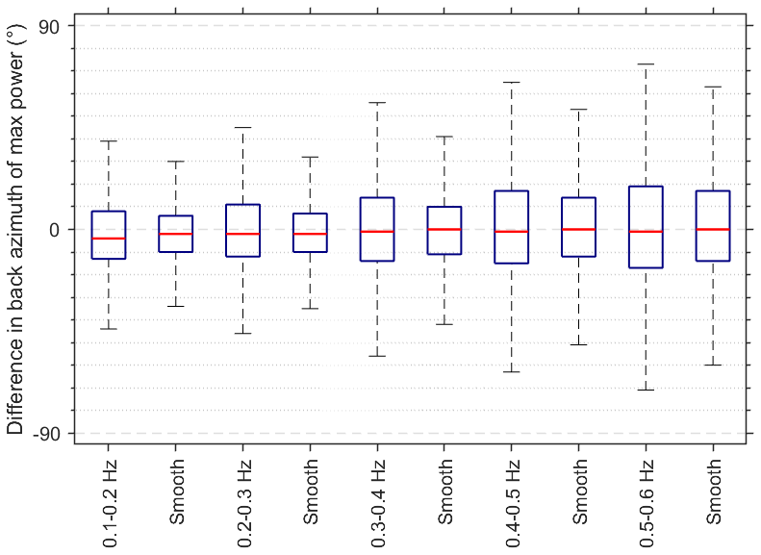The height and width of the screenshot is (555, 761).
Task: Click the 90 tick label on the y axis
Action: [x=49, y=27]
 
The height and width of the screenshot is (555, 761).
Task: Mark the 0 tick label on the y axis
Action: [x=55, y=230]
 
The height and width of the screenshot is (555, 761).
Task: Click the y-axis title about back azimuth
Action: [x=16, y=229]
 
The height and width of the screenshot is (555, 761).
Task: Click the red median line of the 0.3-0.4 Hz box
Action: [x=378, y=232]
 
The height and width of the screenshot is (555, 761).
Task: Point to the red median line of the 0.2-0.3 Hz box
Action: [x=243, y=234]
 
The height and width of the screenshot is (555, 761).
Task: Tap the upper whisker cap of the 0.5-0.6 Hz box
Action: [x=647, y=64]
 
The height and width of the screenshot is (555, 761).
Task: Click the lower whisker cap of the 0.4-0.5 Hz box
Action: [x=512, y=371]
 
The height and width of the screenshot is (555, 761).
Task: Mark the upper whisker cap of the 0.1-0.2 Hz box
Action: [x=109, y=141]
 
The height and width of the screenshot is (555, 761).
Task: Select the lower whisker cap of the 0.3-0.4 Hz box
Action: [x=378, y=356]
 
